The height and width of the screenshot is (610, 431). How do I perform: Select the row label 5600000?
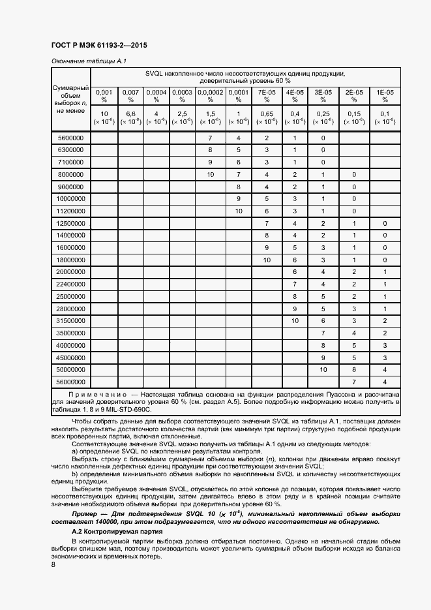point(70,138)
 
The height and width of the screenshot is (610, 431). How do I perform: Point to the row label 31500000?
point(70,320)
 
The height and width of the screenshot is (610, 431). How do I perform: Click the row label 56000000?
point(70,381)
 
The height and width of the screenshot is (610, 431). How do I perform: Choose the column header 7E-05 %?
point(267,96)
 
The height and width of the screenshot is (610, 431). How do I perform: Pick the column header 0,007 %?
point(130,96)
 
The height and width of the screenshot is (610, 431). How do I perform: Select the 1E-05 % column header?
point(385,96)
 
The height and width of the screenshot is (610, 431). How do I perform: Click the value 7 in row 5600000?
point(210,138)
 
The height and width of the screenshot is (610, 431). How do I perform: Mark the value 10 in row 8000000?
point(210,175)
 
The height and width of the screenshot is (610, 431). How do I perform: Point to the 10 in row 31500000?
point(295,320)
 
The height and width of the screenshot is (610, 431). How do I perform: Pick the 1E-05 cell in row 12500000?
point(385,223)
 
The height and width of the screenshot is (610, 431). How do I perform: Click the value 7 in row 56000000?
point(353,381)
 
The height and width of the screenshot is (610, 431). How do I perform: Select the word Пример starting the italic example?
point(84,514)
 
